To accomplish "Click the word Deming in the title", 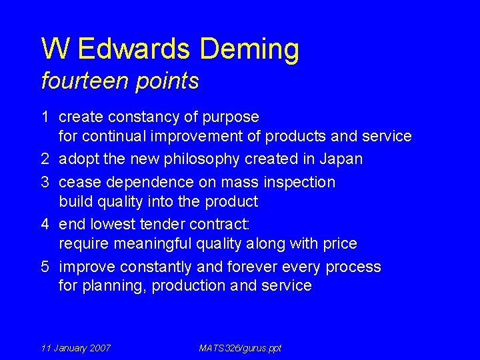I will point(249,49).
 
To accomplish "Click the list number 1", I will point(45,117).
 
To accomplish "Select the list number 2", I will point(45,159).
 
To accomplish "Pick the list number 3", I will point(45,182).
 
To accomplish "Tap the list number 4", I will point(45,225).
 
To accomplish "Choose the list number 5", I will point(45,267).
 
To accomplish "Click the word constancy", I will point(147,117).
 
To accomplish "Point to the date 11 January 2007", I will point(75,348).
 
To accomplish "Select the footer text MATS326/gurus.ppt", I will point(240,348).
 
